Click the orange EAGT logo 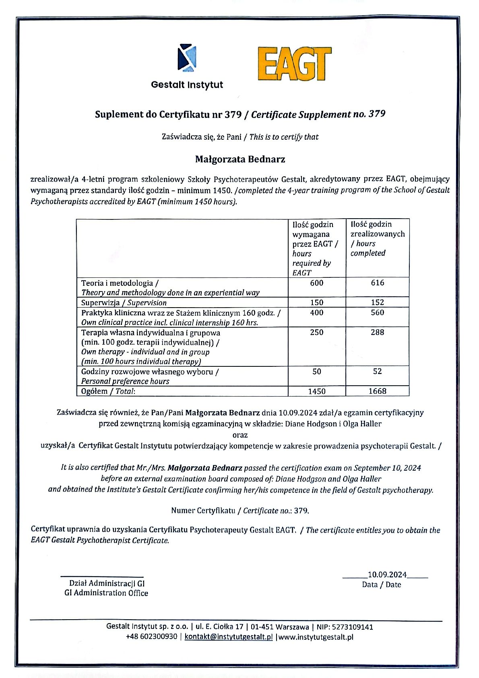click(x=295, y=64)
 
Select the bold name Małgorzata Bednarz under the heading click(x=240, y=159)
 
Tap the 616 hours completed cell click(x=378, y=283)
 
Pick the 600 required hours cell click(x=317, y=283)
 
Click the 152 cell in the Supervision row click(x=378, y=302)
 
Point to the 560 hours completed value click(x=378, y=312)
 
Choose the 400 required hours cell click(x=317, y=312)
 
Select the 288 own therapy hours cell click(x=378, y=332)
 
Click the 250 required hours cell click(x=317, y=332)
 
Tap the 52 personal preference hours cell click(x=378, y=371)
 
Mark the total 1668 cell click(x=378, y=391)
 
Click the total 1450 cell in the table click(x=317, y=391)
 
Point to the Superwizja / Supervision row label click(x=124, y=302)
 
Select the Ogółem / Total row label click(x=108, y=391)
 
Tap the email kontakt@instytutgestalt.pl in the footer click(x=229, y=637)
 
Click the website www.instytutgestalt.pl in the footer click(x=316, y=637)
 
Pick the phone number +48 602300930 click(x=151, y=637)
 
